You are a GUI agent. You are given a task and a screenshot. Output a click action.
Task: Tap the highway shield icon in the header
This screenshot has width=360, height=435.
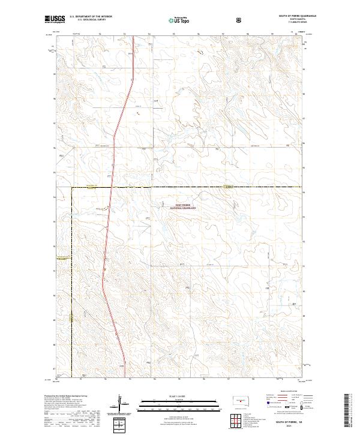[240, 20]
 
